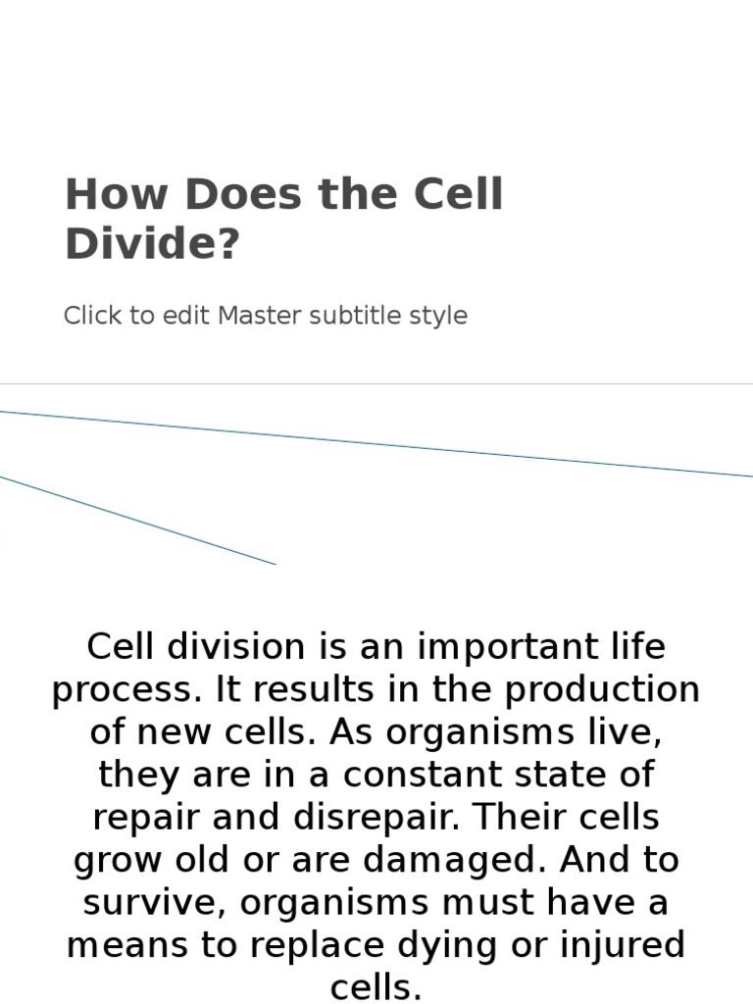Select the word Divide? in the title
[152, 244]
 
